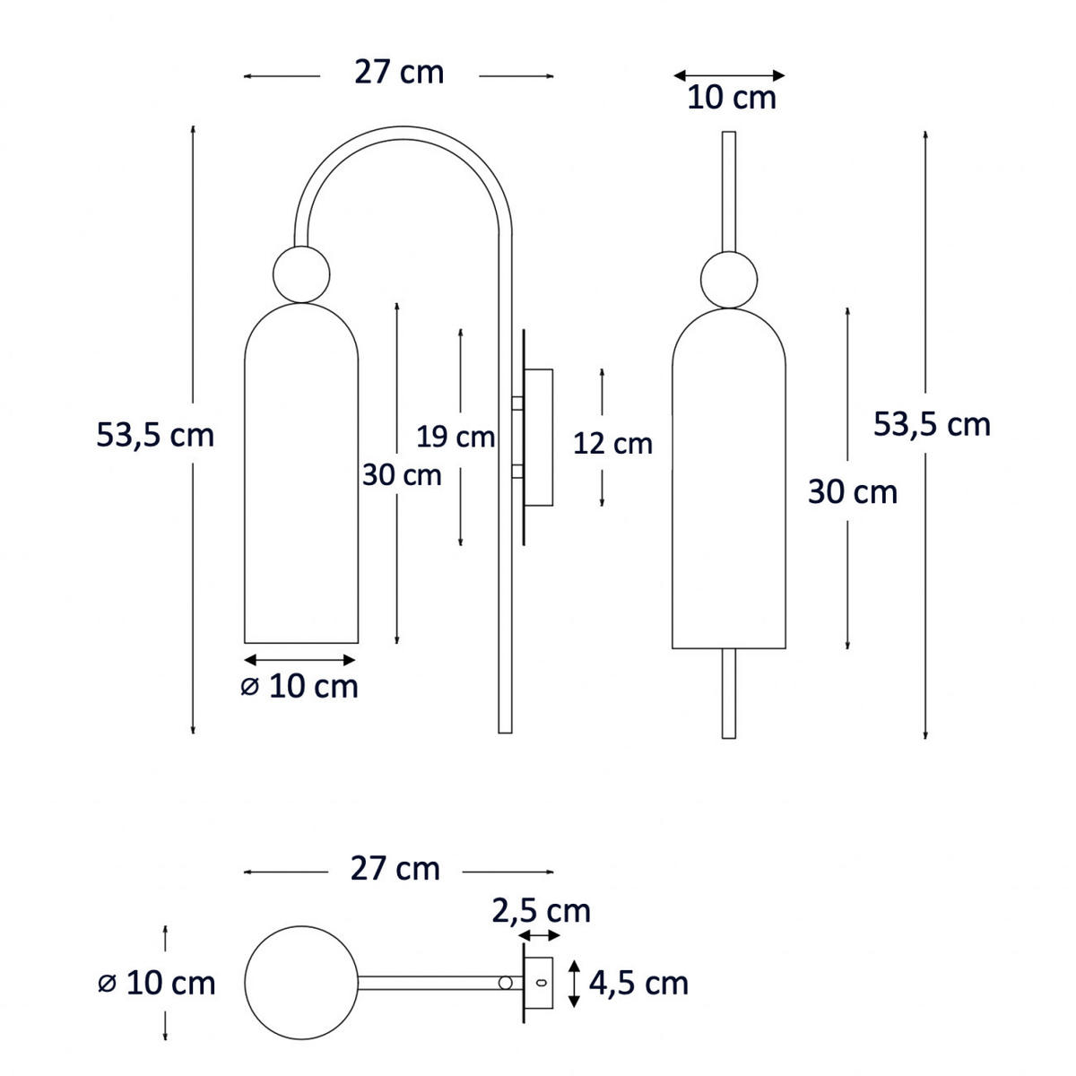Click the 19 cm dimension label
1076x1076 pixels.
click(456, 437)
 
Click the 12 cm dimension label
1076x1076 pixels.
click(612, 444)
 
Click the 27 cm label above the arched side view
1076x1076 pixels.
click(399, 73)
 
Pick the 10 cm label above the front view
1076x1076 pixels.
click(732, 98)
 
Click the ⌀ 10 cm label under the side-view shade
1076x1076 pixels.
click(299, 686)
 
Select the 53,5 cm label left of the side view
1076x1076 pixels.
click(155, 435)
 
